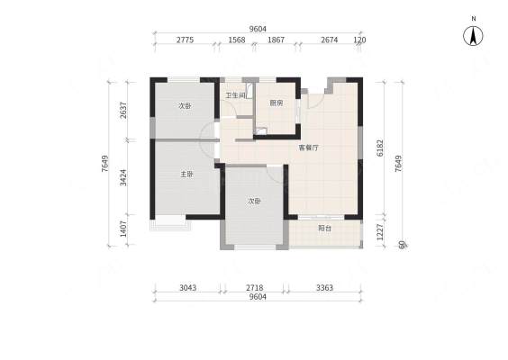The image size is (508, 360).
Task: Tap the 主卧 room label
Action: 186,175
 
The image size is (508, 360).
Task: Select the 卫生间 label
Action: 235,95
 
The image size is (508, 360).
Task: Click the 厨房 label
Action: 277,103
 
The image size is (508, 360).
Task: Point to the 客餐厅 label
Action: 308,148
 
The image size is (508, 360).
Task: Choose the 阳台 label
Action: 324,229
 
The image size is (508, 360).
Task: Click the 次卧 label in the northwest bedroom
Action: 186,106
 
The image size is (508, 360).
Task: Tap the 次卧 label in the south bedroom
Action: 254,201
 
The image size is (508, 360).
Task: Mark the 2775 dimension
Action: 185,40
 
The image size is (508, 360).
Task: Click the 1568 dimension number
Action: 237,40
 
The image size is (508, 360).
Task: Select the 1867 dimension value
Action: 276,40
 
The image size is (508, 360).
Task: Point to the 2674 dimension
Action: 330,40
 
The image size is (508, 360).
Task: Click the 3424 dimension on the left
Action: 123,177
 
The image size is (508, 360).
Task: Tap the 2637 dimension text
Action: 123,111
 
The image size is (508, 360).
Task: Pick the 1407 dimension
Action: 123,229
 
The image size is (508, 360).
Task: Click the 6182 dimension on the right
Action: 380,148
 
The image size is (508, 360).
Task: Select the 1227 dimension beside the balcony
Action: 380,232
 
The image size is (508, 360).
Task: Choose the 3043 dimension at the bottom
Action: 188,287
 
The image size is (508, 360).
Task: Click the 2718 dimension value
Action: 255,287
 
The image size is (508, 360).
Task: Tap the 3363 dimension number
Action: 324,287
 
